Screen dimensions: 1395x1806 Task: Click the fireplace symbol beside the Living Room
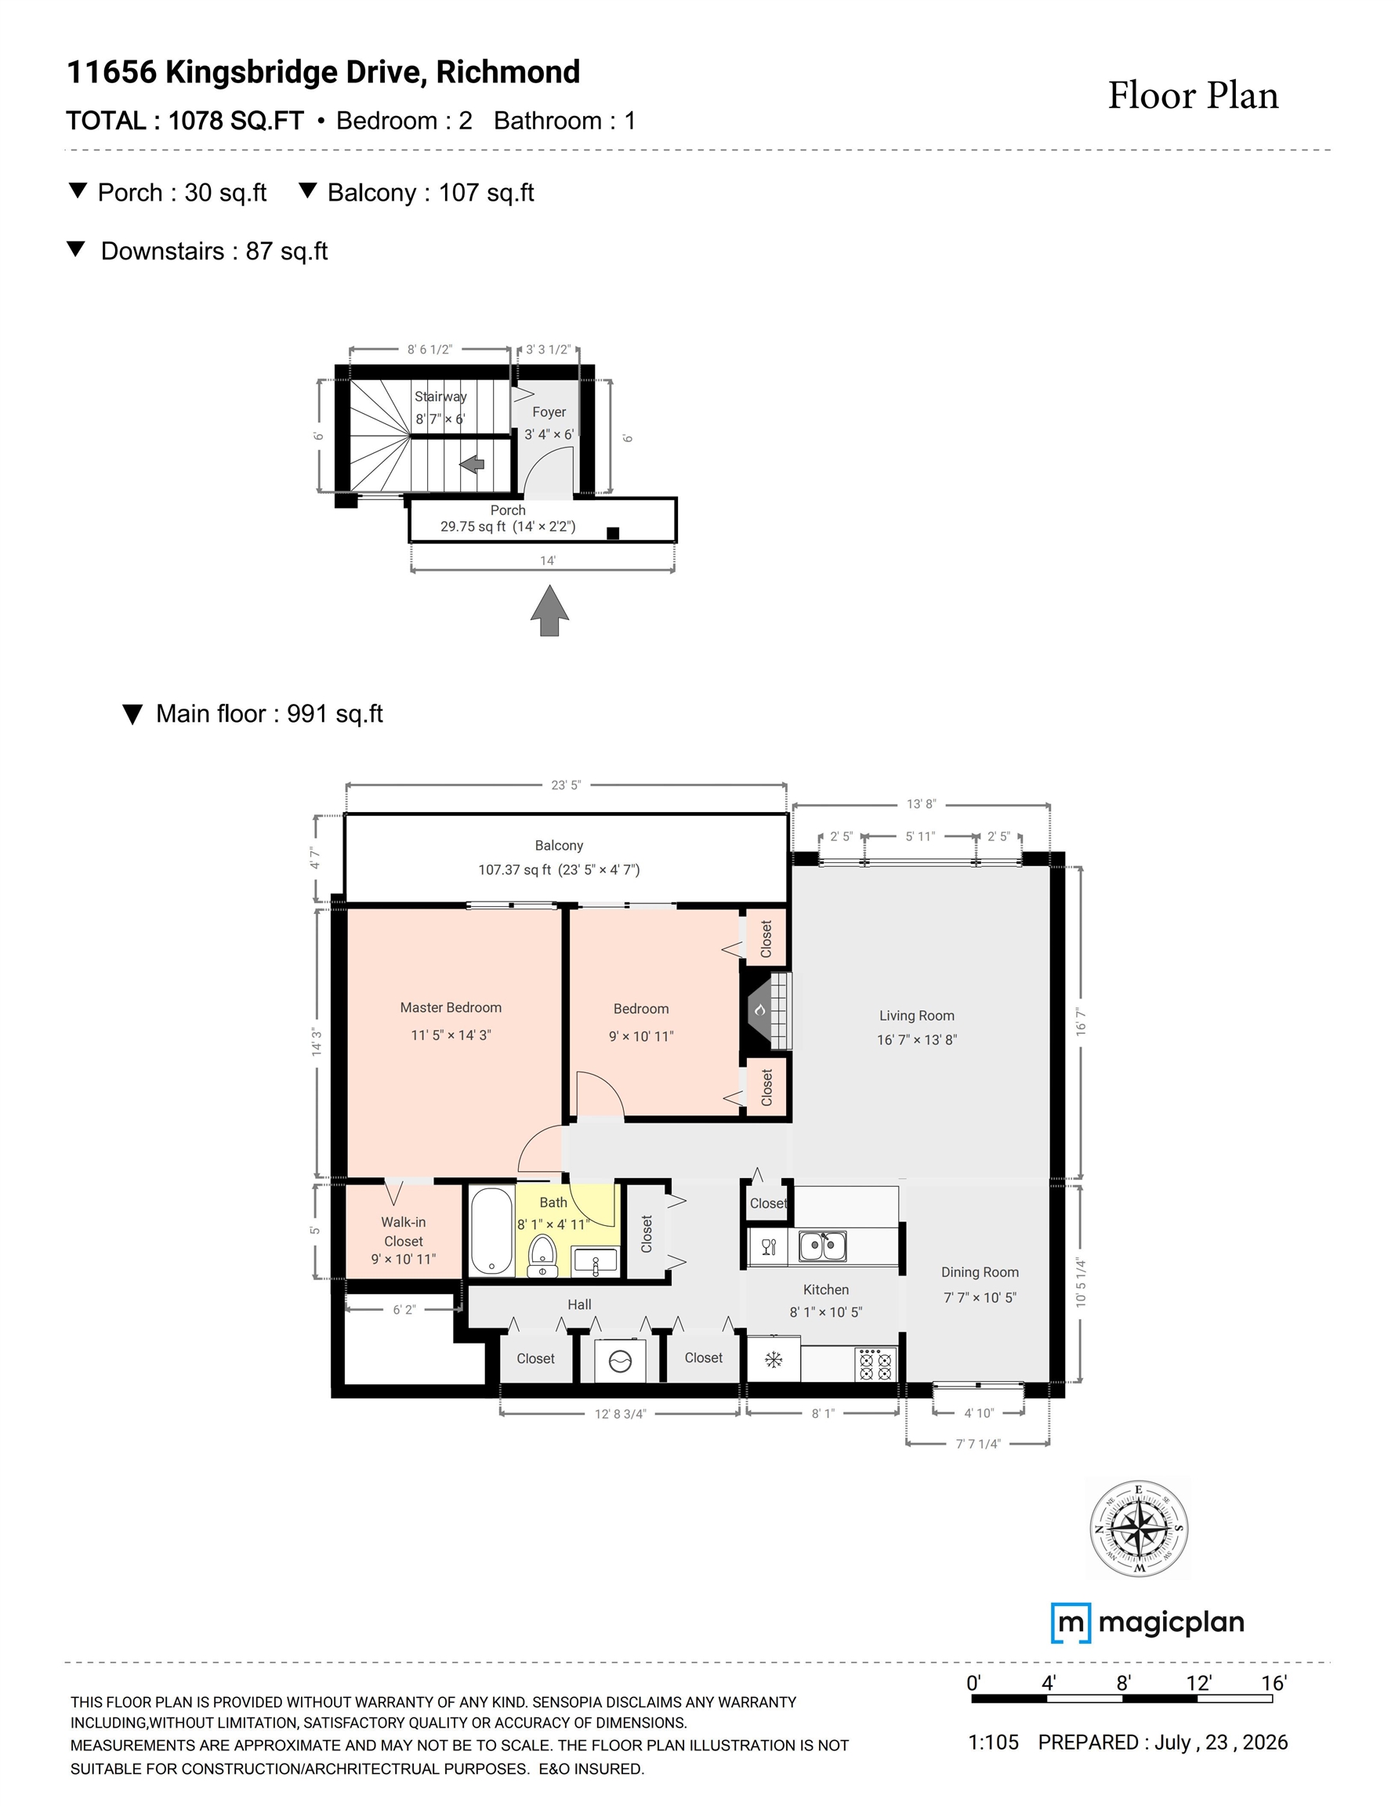coord(766,1010)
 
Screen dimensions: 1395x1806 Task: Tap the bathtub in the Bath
coord(492,1232)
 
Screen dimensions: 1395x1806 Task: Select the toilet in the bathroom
coord(542,1257)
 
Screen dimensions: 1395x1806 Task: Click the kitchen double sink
coord(823,1246)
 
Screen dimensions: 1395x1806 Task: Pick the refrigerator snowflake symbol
coord(774,1358)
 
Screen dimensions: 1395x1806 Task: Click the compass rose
coord(1139,1529)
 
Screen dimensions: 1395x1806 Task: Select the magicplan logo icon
coord(1070,1623)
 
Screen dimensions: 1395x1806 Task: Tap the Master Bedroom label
coord(451,1007)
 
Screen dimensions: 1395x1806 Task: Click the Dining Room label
coord(980,1272)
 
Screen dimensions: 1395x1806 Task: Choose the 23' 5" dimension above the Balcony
coord(567,785)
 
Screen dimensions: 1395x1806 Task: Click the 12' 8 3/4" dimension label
coord(620,1413)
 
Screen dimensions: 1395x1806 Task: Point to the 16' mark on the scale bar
coord(1274,1683)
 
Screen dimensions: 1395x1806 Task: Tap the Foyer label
coord(549,412)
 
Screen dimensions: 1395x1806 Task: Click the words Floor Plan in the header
coord(1194,95)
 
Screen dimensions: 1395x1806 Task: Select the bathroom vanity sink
coord(596,1262)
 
